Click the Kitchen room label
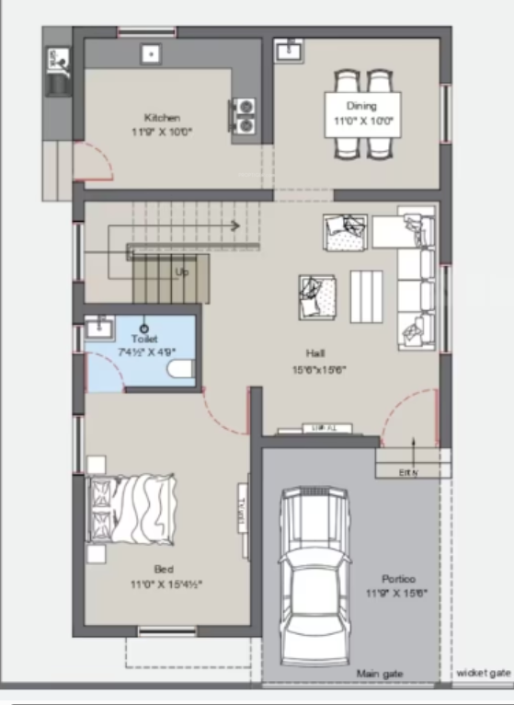tap(162, 118)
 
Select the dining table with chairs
tap(362, 113)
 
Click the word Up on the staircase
tap(183, 272)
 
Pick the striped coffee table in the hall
tap(368, 295)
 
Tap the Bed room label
tap(165, 569)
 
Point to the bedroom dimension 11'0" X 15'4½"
tap(165, 584)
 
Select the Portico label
tap(399, 579)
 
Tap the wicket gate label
tap(483, 674)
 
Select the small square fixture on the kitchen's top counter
tap(148, 54)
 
